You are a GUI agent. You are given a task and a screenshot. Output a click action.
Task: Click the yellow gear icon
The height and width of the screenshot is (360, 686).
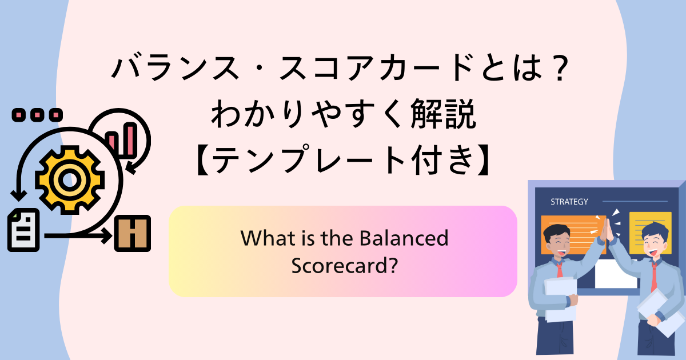click(70, 180)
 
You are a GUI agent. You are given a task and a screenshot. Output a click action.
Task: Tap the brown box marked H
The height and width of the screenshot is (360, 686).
click(132, 233)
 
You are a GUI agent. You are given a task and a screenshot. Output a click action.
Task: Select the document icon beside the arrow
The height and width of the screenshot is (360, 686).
click(23, 230)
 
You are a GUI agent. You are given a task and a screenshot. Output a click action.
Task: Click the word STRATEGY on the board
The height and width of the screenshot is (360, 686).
click(569, 202)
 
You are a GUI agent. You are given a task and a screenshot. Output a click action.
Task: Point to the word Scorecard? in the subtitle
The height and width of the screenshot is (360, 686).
click(345, 265)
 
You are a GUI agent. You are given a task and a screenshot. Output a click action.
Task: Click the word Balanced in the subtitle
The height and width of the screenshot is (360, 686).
click(404, 238)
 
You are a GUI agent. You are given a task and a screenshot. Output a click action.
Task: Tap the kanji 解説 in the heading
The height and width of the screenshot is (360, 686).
click(443, 114)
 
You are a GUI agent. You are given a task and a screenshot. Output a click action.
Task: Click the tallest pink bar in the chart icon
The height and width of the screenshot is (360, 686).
click(131, 140)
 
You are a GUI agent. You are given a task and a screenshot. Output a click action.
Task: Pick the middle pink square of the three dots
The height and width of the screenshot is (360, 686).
click(37, 115)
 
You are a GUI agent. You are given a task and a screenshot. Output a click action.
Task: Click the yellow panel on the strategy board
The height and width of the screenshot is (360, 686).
click(651, 233)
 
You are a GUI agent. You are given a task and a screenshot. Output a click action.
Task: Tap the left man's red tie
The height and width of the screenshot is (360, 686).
click(560, 269)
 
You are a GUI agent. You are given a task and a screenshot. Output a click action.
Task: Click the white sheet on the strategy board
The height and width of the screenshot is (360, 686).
click(616, 274)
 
